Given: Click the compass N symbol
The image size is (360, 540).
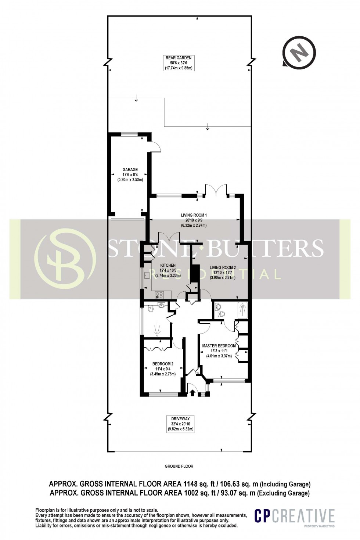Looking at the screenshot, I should pos(299,53).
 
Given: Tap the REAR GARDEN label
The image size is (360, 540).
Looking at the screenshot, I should pos(179,58).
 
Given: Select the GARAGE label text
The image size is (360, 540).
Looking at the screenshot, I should pos(130,170).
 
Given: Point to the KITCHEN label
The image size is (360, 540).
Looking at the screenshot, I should pos(168,265).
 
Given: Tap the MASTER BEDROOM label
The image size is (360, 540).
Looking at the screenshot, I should pos(219,346).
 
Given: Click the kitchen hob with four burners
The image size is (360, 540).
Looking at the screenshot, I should pos(160,294).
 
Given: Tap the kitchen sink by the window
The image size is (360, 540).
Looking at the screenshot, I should pos(147,274).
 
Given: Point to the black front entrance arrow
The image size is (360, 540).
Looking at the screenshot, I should pos(192,393).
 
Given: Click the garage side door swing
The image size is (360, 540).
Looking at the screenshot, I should pos(156,146).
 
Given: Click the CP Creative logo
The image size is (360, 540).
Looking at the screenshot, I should pos(295,516).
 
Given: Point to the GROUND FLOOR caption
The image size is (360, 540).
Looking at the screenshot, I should pos(179,466).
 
